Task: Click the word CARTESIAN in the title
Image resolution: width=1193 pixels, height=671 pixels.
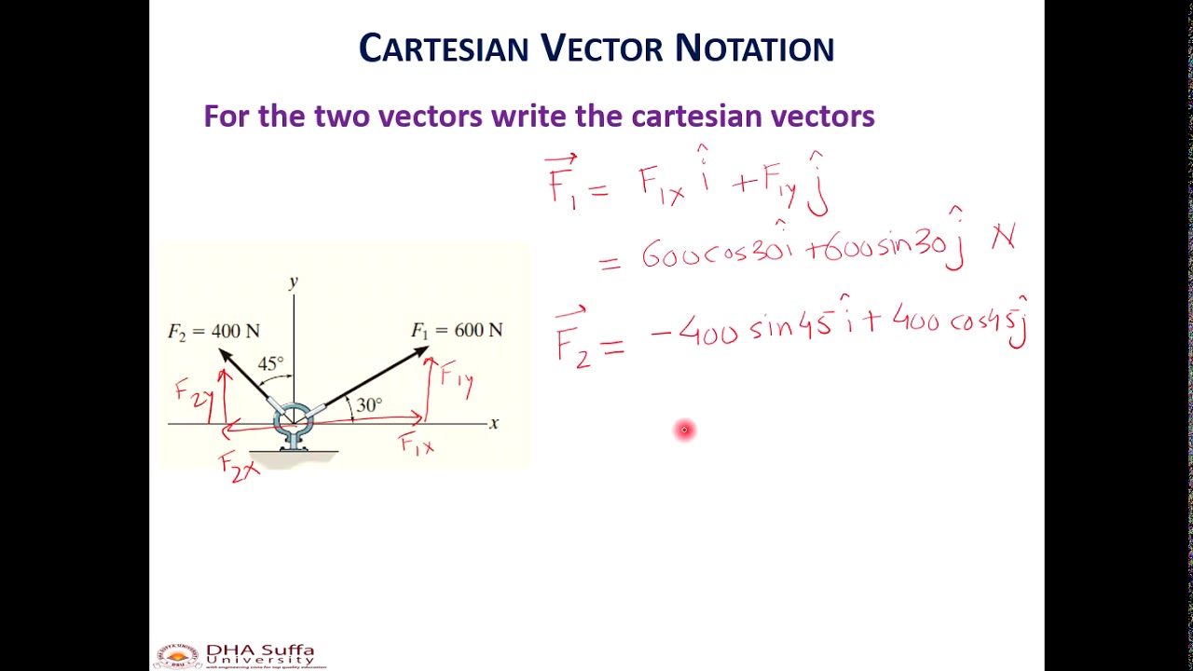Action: tap(443, 49)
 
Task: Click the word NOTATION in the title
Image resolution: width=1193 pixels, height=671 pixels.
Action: tap(754, 49)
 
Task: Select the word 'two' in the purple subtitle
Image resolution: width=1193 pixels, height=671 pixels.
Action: tap(343, 116)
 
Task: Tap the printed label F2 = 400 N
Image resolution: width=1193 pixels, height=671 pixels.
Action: tap(213, 331)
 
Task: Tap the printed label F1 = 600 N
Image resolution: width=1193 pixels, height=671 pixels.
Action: tap(457, 330)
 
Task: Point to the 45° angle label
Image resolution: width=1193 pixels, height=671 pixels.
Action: tap(270, 363)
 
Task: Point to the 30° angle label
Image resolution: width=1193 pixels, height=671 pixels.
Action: tap(369, 405)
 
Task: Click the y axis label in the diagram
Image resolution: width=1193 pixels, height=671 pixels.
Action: tap(294, 281)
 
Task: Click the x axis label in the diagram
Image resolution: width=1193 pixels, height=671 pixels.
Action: tap(494, 423)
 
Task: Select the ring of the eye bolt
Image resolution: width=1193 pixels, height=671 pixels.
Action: tap(294, 420)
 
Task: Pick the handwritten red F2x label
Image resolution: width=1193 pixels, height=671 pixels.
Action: tap(239, 466)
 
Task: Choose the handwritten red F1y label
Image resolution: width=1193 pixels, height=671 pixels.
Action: tap(458, 377)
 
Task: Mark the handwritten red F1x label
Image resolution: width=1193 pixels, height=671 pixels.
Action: tap(417, 445)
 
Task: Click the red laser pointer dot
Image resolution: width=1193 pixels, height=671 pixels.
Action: tap(684, 430)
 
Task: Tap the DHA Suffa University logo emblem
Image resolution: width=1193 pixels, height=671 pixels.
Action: tap(177, 656)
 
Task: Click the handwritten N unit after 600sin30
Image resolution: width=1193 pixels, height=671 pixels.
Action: tap(1003, 240)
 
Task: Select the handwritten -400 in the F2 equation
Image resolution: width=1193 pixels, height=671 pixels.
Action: tap(693, 332)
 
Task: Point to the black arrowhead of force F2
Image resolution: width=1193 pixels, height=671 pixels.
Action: tap(225, 355)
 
